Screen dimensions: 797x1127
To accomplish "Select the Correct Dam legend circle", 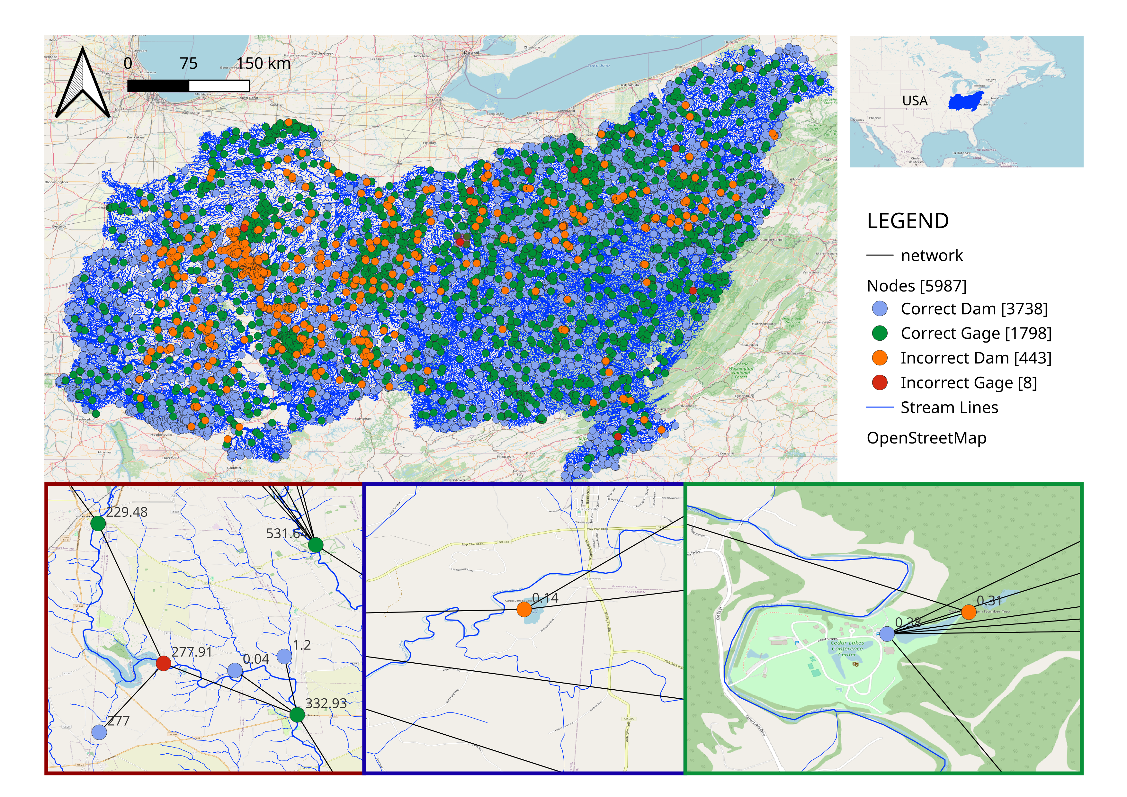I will (x=880, y=309).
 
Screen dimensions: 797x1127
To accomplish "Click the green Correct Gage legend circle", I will (x=880, y=333).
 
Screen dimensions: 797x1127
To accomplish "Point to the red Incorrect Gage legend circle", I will (x=880, y=382).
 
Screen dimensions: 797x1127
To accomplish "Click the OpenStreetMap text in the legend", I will (x=926, y=438).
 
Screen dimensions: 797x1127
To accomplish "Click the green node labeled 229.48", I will (x=98, y=523).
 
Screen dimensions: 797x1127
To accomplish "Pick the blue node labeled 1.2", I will (x=284, y=656).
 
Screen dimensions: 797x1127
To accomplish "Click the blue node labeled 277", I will (x=99, y=732).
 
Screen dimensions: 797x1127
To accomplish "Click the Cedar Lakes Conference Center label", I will (x=847, y=648).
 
